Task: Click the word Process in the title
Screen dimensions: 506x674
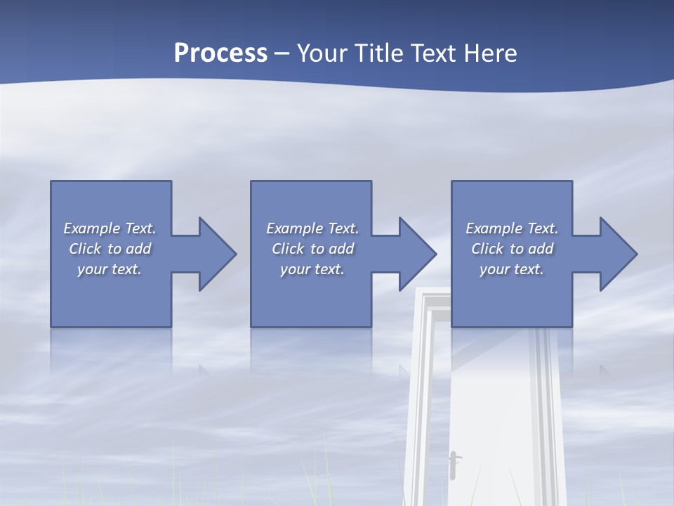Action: pyautogui.click(x=220, y=53)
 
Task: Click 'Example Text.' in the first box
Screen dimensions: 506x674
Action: pyautogui.click(x=110, y=228)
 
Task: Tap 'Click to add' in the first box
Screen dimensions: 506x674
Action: pyautogui.click(x=110, y=249)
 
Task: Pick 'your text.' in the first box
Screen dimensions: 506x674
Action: pyautogui.click(x=110, y=269)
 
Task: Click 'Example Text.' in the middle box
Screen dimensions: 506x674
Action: pyautogui.click(x=312, y=228)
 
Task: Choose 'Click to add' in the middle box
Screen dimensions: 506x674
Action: pyautogui.click(x=312, y=249)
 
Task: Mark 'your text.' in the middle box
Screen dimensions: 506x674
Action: pyautogui.click(x=312, y=269)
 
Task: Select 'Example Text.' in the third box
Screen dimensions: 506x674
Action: pyautogui.click(x=512, y=228)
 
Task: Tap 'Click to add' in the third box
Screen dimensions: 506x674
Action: pyautogui.click(x=512, y=249)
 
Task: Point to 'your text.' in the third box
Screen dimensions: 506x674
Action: pyautogui.click(x=512, y=269)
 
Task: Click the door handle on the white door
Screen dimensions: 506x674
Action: pyautogui.click(x=454, y=464)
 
